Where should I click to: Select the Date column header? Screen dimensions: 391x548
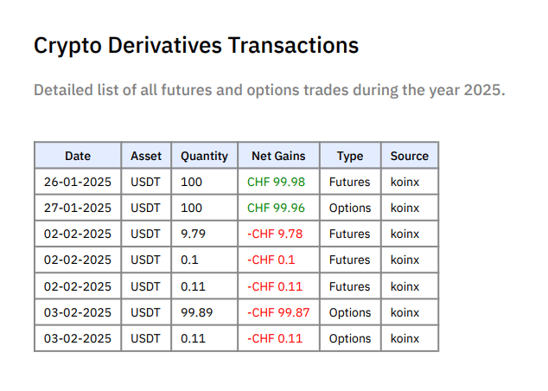78,156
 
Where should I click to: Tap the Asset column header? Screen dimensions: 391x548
146,156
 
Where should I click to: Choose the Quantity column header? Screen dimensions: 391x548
204,156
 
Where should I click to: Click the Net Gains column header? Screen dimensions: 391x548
278,156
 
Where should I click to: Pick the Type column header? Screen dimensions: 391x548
350,156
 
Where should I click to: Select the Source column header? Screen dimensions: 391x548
409,156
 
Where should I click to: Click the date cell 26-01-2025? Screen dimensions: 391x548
78,182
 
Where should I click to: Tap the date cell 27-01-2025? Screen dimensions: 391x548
78,208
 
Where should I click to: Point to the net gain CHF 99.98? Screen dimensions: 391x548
276,182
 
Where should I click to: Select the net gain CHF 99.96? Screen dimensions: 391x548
276,208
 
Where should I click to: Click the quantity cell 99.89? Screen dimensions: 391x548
197,312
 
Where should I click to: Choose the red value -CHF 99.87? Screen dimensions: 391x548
278,312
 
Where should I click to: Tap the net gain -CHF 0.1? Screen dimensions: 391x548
271,260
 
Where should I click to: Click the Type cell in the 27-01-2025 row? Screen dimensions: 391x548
350,208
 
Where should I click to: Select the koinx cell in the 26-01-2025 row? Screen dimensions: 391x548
405,182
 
